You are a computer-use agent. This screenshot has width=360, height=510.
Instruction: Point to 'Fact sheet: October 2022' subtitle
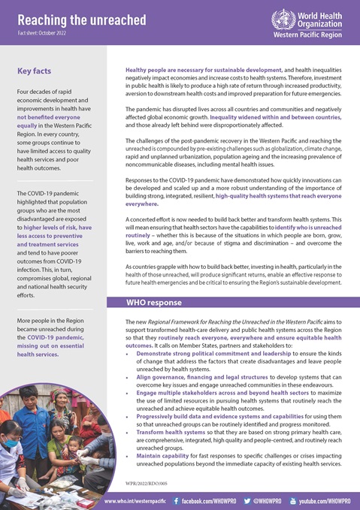click(45, 34)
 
